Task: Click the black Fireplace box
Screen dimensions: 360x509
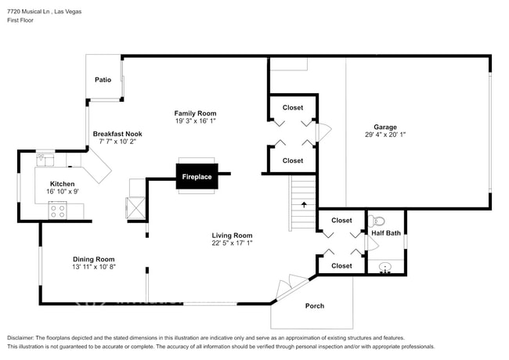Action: (197, 177)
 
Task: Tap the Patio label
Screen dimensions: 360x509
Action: (103, 80)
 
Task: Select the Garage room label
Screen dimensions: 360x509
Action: (384, 127)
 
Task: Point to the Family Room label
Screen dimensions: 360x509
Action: (195, 113)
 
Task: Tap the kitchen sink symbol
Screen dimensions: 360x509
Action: (45, 160)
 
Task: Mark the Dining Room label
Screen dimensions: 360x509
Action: (94, 259)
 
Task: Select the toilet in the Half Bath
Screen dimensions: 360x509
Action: (378, 221)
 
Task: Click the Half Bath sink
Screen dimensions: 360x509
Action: (384, 267)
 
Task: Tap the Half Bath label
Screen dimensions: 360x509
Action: (386, 233)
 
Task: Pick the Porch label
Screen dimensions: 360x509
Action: (314, 305)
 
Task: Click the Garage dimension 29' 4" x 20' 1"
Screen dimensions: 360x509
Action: (384, 135)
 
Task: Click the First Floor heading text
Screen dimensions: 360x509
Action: (23, 21)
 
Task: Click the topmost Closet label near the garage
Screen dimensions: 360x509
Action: (293, 107)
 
